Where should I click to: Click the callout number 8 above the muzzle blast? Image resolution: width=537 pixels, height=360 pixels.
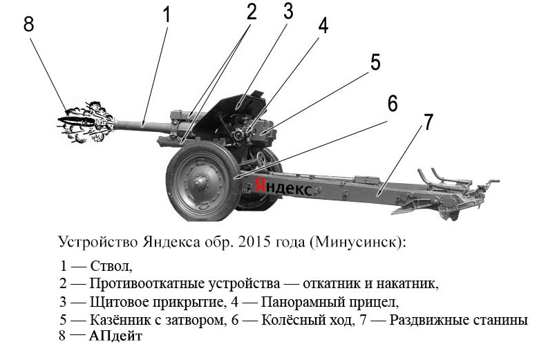[28, 24]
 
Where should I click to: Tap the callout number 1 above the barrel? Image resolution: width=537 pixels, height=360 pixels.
[167, 15]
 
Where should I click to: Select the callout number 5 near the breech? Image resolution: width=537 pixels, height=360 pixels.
[375, 62]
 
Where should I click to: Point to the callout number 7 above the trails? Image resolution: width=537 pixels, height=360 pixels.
[428, 122]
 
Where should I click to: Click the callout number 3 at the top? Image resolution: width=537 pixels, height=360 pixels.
[288, 11]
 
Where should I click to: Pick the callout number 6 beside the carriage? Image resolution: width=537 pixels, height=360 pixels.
[393, 103]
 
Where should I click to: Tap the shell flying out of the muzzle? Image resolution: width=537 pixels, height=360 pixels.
[77, 121]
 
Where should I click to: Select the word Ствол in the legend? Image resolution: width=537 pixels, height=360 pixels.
[111, 266]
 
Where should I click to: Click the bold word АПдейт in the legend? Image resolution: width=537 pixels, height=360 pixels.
[115, 336]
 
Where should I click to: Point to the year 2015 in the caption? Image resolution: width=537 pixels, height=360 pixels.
[255, 242]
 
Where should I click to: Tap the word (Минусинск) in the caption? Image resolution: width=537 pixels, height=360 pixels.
[358, 243]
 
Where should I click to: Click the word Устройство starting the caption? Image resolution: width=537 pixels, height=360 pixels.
[98, 242]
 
